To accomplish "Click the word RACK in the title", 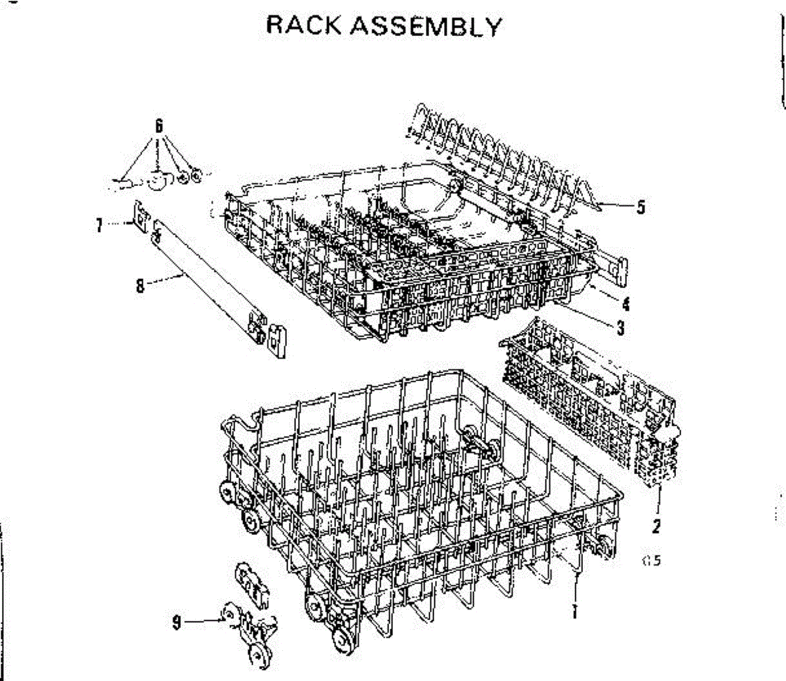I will pos(305,26).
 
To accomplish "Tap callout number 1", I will pos(574,612).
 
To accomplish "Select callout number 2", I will pos(656,526).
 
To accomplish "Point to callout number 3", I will pos(620,327).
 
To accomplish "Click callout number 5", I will pos(641,207).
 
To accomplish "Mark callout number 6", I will pos(159,126).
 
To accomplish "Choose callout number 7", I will pos(99,225).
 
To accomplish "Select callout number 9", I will pos(176,621).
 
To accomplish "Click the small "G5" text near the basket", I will pos(652,561).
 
